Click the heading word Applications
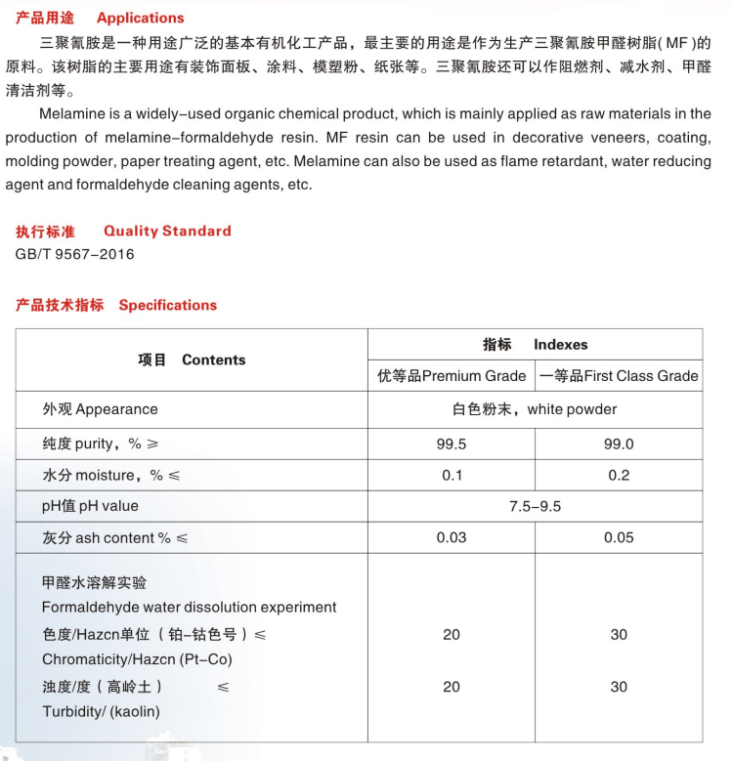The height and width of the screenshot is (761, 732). pyautogui.click(x=140, y=18)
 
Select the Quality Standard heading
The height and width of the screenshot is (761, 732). pyautogui.click(x=167, y=232)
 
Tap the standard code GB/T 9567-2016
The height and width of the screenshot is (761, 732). pyautogui.click(x=75, y=254)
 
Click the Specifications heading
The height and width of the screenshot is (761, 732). pyautogui.click(x=167, y=305)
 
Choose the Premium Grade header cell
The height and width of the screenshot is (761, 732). pyautogui.click(x=452, y=376)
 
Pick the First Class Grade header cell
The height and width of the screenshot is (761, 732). pyautogui.click(x=619, y=376)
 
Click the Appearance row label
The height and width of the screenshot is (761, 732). pyautogui.click(x=100, y=409)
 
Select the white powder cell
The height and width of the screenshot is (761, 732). pyautogui.click(x=535, y=409)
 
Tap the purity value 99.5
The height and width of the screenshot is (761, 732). pyautogui.click(x=452, y=444)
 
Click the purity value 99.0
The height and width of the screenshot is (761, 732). pyautogui.click(x=619, y=444)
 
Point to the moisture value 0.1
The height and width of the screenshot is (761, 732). pyautogui.click(x=452, y=475)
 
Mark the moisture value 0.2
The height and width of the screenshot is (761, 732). pyautogui.click(x=619, y=475)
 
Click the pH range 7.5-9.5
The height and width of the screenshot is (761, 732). pyautogui.click(x=535, y=506)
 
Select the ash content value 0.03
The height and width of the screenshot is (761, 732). pyautogui.click(x=452, y=537)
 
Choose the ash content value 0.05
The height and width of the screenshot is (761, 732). pyautogui.click(x=619, y=537)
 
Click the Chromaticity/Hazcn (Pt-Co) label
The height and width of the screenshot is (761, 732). pyautogui.click(x=137, y=659)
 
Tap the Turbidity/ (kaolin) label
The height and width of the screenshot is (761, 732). pyautogui.click(x=101, y=711)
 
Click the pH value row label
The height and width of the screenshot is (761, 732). pyautogui.click(x=90, y=506)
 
